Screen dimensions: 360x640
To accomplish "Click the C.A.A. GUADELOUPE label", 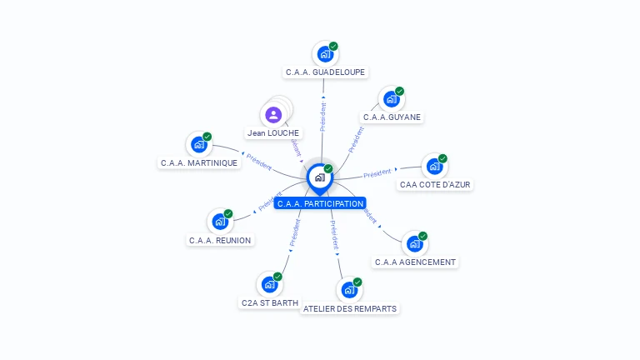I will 325,72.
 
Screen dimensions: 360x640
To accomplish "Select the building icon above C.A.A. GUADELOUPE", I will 324,54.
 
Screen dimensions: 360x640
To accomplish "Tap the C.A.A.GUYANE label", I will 392,117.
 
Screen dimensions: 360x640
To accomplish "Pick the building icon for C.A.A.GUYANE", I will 391,99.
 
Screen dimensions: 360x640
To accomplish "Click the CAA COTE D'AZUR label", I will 436,184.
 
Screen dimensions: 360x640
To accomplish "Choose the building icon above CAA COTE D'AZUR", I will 434,166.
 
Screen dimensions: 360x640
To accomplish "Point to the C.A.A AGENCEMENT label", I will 415,262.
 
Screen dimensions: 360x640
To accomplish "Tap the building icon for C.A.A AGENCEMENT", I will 414,244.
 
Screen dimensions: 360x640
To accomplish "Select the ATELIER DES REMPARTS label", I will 350,308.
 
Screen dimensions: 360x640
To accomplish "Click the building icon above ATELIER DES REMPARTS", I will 349,290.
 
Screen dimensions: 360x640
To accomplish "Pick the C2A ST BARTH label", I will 269,303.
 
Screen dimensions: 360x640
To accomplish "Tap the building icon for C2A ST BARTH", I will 269,284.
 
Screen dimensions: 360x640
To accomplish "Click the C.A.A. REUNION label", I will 220,240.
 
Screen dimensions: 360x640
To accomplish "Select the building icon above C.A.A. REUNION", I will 219,222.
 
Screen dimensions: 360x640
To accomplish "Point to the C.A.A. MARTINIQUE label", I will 199,162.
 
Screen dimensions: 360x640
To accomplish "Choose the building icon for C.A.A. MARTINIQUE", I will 198,144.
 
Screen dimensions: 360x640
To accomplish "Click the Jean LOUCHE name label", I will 273,132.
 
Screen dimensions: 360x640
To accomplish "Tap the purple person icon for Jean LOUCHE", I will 273,115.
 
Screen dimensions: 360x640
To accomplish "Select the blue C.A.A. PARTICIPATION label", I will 320,203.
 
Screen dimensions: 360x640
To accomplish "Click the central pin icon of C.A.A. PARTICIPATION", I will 319,177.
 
